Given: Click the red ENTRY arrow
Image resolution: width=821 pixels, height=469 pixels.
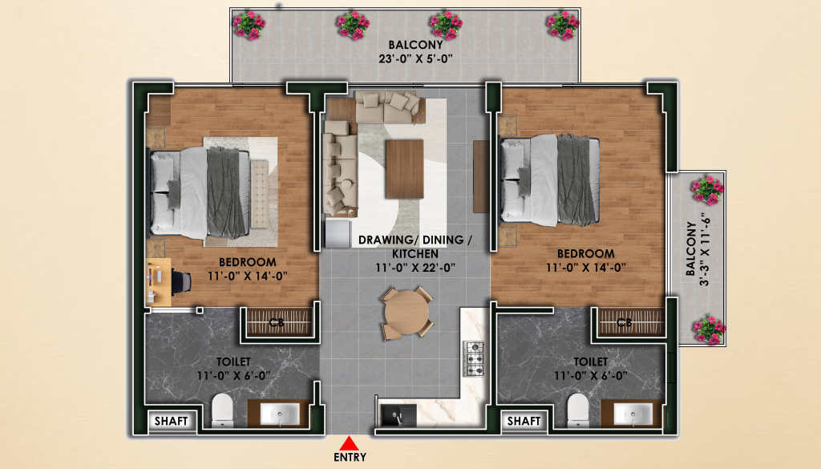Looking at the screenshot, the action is [x=349, y=444].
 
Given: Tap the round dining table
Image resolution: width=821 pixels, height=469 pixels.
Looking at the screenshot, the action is [x=406, y=313].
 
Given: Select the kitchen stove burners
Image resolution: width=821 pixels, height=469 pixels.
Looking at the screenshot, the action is [x=474, y=359].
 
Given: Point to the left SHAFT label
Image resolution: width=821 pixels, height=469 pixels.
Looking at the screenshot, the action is [x=172, y=421].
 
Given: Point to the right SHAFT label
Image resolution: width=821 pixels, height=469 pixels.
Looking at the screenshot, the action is [x=524, y=421].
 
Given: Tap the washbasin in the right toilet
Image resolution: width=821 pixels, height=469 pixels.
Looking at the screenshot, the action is [x=633, y=414].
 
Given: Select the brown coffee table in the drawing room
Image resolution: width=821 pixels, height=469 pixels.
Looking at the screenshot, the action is [x=404, y=168].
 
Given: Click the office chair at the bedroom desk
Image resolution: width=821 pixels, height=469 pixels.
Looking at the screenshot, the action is [x=181, y=281].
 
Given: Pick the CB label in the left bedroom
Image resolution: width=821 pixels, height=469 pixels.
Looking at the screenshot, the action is [x=276, y=322].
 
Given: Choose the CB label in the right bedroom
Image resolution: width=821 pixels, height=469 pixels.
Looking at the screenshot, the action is [x=624, y=322].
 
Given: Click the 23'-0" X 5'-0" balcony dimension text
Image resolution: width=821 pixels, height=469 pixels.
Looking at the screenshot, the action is [x=416, y=59].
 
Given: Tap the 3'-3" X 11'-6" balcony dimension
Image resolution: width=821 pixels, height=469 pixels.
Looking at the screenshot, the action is [x=705, y=249].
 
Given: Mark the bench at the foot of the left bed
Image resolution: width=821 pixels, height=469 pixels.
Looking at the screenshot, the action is [x=259, y=194].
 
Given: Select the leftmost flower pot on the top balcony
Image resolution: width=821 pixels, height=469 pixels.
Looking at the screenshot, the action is [x=249, y=26].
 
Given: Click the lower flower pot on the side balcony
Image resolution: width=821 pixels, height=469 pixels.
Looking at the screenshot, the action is [x=709, y=330].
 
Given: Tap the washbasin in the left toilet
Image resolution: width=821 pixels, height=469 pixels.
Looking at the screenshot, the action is [x=280, y=414].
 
